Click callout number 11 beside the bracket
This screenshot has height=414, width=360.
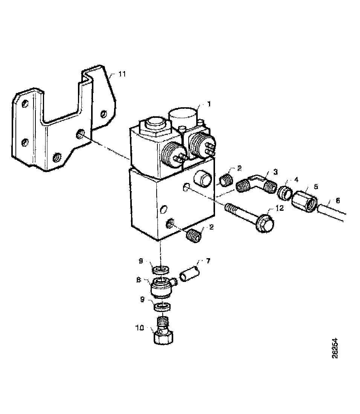click(x=121, y=74)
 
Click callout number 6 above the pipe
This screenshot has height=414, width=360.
click(x=337, y=201)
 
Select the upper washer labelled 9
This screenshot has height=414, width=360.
click(x=161, y=269)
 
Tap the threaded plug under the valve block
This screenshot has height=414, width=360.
click(x=194, y=236)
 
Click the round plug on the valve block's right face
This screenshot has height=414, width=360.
click(x=202, y=180)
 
